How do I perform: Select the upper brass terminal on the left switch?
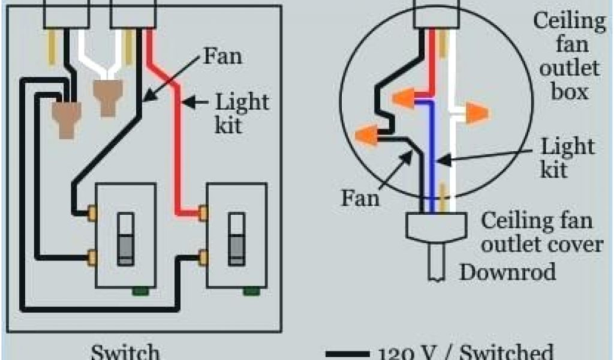tap(93, 211)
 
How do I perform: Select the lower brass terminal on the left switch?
tap(93, 257)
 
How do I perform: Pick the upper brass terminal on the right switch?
tap(203, 211)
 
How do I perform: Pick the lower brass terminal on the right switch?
tap(203, 257)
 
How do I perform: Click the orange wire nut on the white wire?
tap(475, 113)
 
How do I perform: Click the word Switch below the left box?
tap(125, 352)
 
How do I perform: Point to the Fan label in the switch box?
tap(222, 57)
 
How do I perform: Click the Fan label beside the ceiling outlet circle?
tap(360, 198)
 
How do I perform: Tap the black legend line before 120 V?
tap(346, 354)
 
